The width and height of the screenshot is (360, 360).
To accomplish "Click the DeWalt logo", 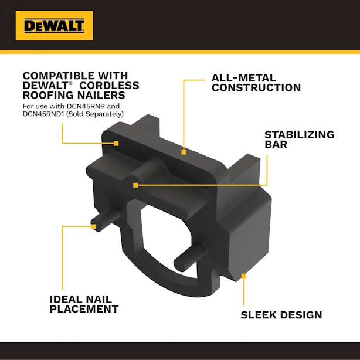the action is coord(55,25).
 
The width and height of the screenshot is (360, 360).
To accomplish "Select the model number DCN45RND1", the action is coord(43,114).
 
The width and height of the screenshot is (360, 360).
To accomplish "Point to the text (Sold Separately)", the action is coord(95,114).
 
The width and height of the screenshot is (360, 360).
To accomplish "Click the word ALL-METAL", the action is coord(243,78).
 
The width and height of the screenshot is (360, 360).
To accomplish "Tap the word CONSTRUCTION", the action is coord(256,88).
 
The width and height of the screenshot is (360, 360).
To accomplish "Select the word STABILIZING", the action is coord(299,135).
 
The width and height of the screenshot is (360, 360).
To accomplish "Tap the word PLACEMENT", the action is coord(84,309).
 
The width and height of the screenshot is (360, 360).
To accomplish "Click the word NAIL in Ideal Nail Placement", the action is coord(97,300).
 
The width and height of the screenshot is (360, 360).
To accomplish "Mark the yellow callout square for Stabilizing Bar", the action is coord(135,185).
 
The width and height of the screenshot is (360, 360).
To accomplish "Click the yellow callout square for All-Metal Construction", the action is coord(184,152).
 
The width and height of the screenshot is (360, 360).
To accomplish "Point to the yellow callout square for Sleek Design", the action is coord(243,276).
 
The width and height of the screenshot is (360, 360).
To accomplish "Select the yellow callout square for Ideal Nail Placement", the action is coord(93,226).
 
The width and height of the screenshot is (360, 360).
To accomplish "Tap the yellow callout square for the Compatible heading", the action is coord(117,144).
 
